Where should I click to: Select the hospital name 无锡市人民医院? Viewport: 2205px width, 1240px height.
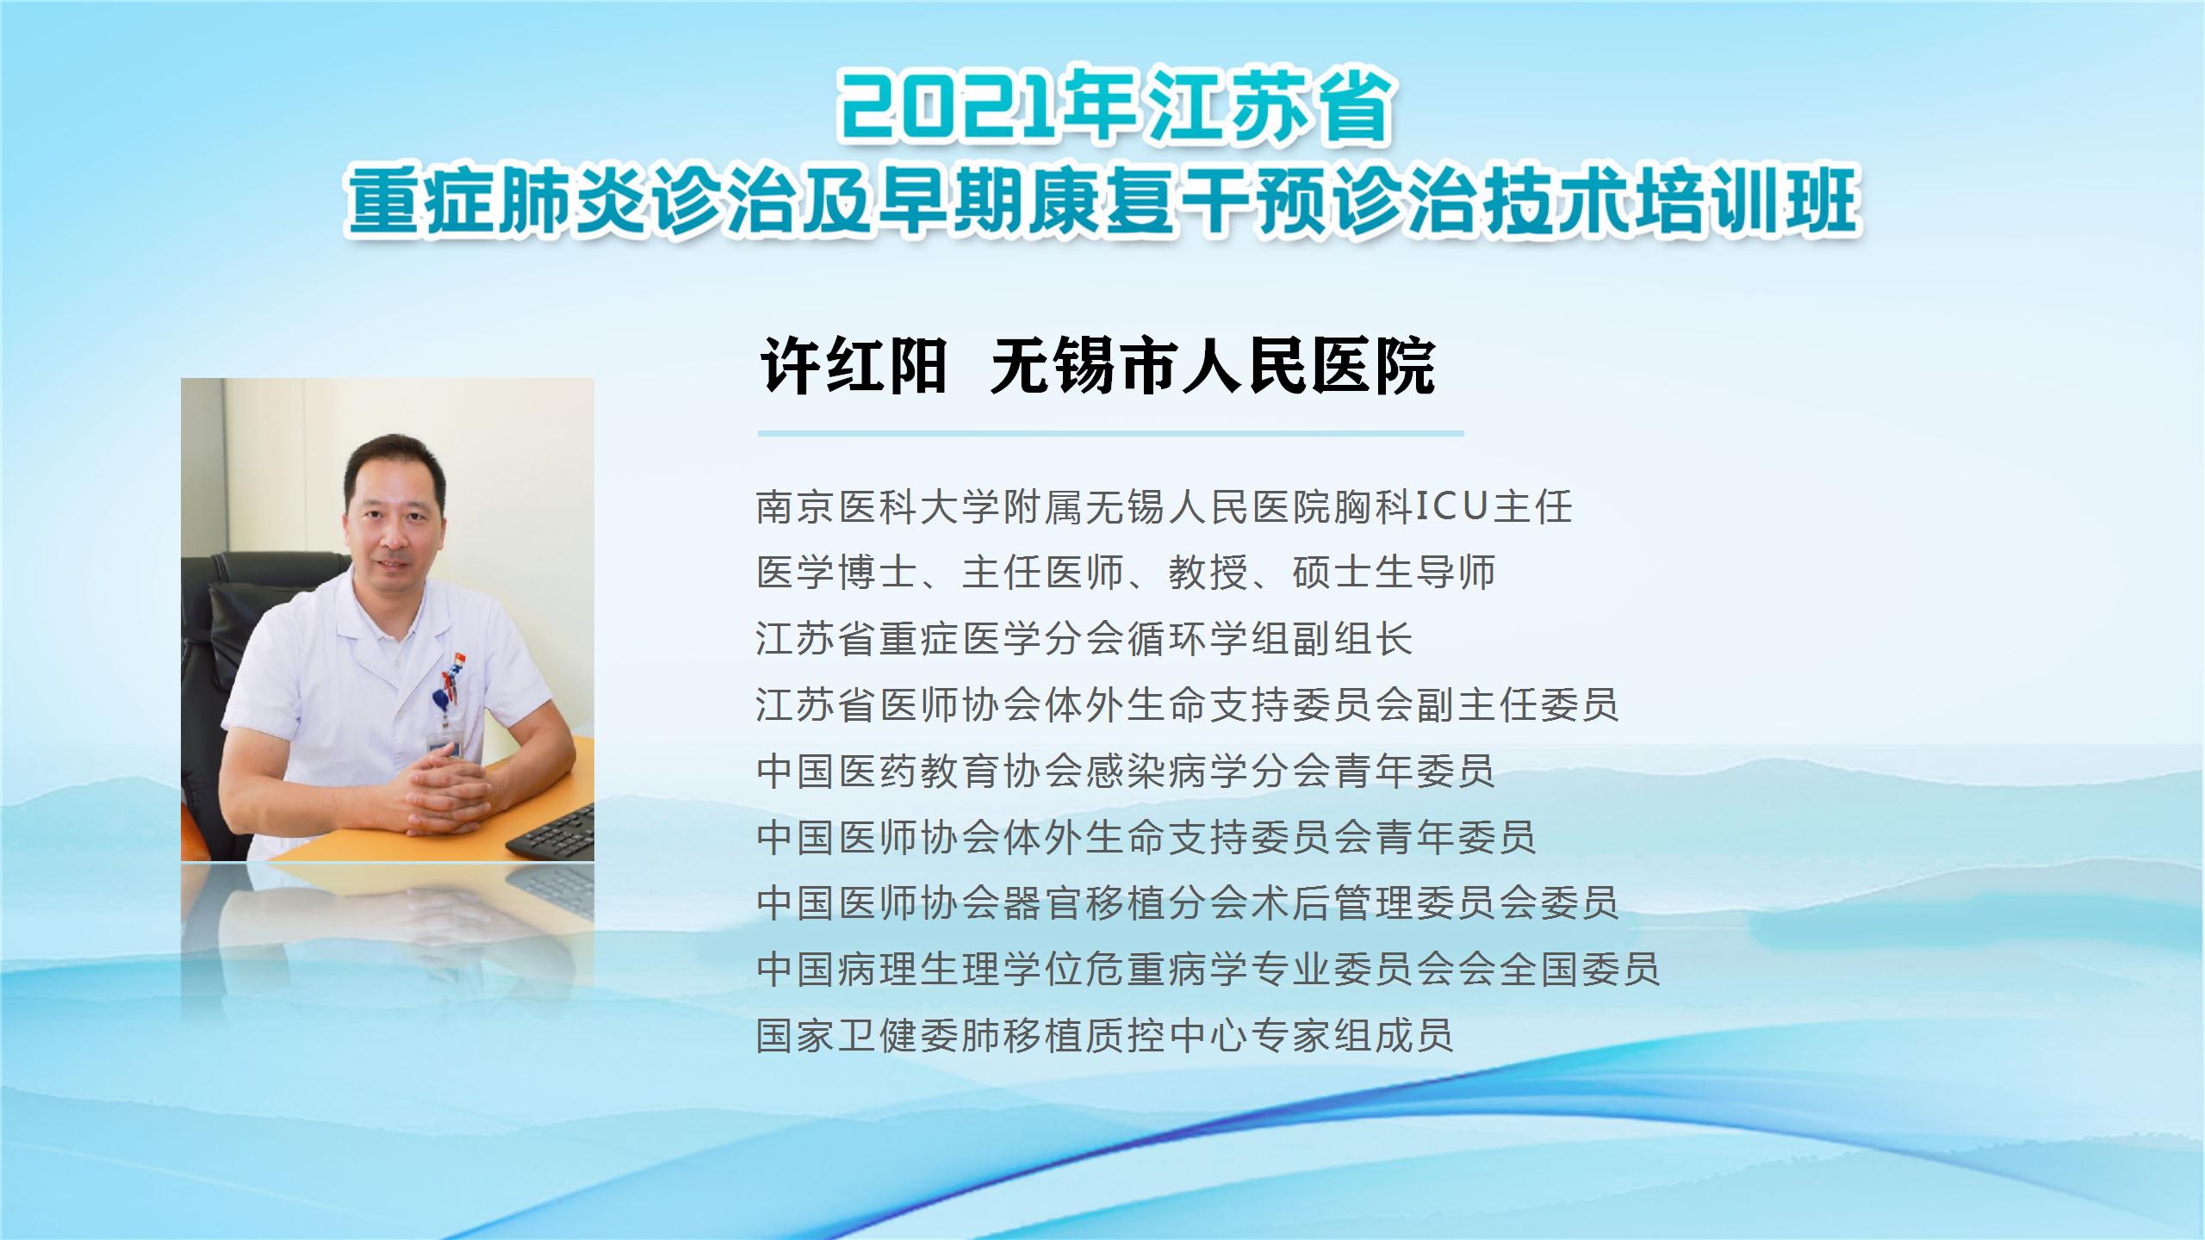pos(1213,367)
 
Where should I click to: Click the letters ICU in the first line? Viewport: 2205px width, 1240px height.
pos(1452,506)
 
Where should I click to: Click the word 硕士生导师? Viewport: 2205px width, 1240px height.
pos(1394,572)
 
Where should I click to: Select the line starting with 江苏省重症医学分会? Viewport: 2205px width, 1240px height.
pos(1084,638)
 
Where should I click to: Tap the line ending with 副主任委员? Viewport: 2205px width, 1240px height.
pos(1188,704)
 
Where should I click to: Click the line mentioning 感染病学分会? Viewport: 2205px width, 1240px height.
pos(1126,771)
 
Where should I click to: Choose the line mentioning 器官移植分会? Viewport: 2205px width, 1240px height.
pos(1188,902)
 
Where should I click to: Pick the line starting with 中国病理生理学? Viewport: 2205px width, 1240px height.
pos(1208,969)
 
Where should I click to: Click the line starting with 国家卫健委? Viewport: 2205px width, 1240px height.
pos(1105,1035)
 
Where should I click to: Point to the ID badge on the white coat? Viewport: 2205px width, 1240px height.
pos(444,742)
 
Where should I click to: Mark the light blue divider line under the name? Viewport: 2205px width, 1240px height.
pos(1111,433)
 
